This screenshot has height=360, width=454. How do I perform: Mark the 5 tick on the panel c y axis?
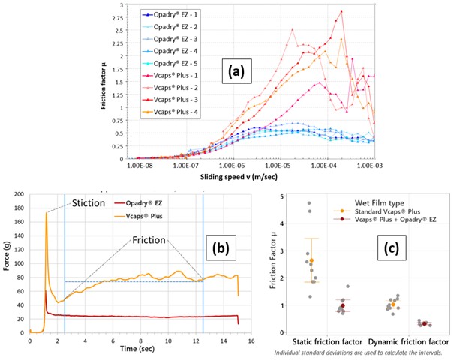click(281, 196)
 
